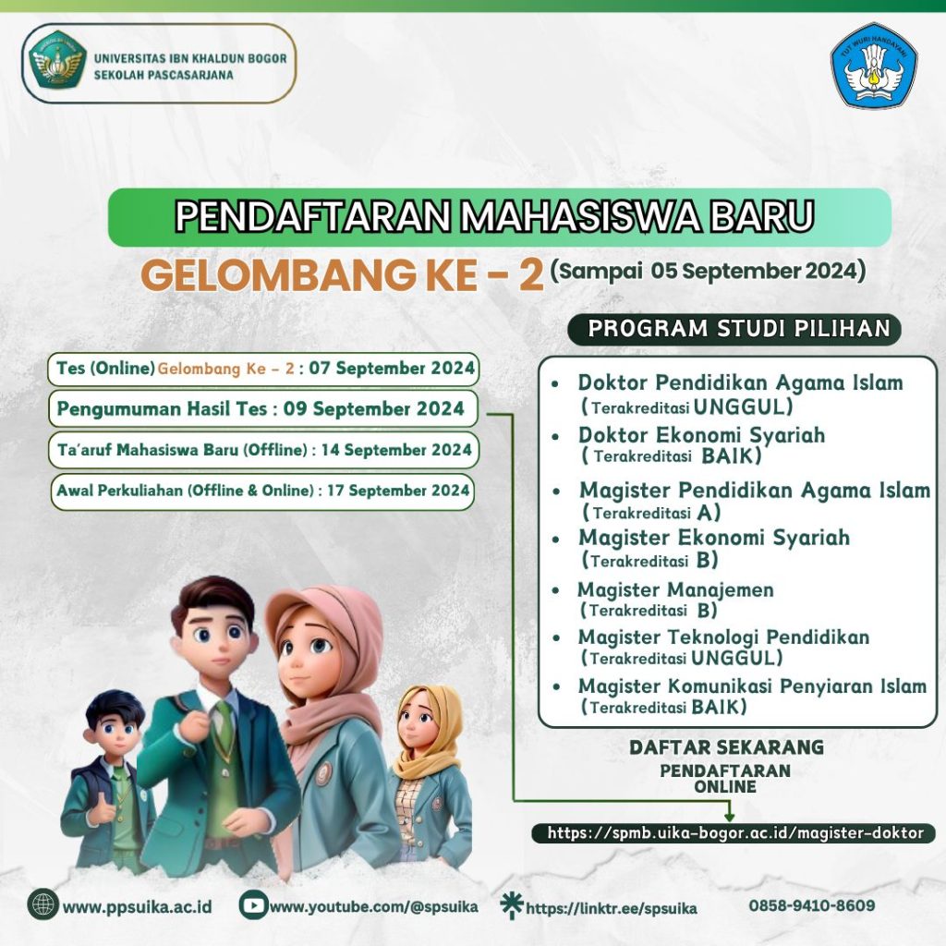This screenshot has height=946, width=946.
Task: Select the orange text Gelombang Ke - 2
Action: (341, 274)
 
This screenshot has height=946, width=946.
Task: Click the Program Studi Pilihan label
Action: (740, 329)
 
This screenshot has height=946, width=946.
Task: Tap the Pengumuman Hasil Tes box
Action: (261, 408)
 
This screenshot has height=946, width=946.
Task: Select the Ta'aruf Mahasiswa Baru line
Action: (263, 450)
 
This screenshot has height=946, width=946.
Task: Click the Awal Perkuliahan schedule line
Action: (262, 491)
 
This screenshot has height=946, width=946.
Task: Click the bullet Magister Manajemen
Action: (675, 589)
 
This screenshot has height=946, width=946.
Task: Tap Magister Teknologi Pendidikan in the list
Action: (722, 637)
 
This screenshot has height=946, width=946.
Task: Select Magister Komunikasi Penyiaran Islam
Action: (751, 686)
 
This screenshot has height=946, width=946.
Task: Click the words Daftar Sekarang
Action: (725, 746)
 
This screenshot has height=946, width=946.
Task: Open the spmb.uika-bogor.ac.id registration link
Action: (734, 833)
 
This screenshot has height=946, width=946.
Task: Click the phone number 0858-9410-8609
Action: (811, 905)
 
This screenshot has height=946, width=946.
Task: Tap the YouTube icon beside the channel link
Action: (252, 905)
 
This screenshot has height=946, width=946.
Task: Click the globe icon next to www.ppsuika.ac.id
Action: (42, 904)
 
